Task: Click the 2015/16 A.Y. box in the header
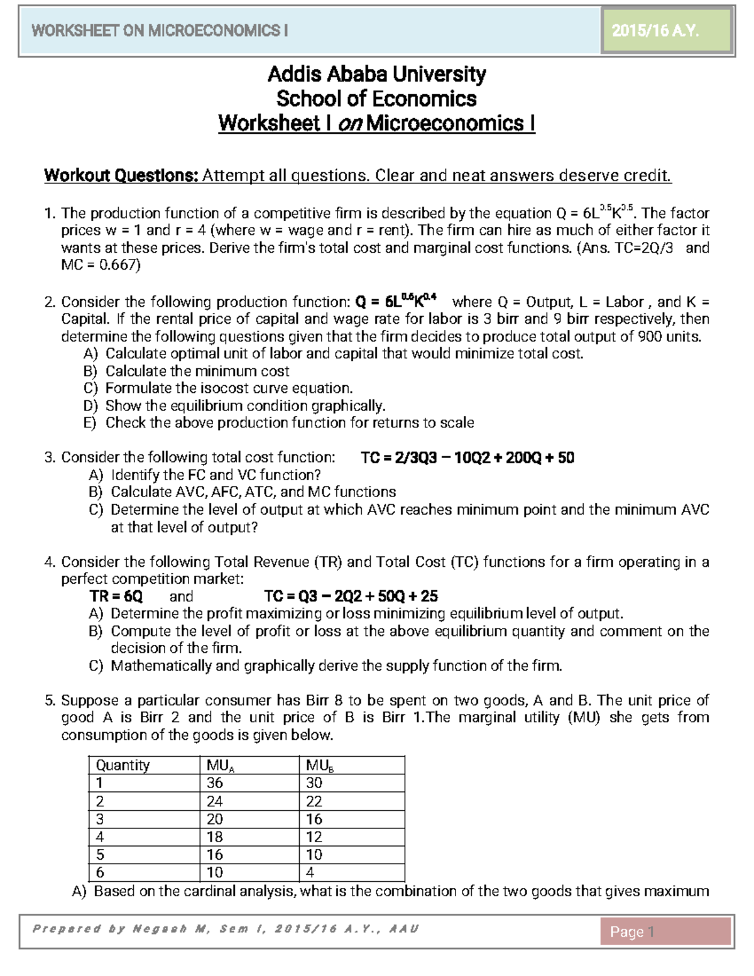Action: [x=667, y=31]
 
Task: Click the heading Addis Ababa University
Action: [x=376, y=74]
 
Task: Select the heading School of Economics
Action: [x=376, y=99]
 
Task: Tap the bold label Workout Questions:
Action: [x=121, y=175]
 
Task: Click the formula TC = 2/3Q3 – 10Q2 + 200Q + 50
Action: [x=467, y=458]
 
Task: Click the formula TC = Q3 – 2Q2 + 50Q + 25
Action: [x=351, y=596]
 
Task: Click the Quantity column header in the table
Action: [x=123, y=765]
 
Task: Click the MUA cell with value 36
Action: [x=215, y=783]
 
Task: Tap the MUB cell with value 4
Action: [x=310, y=872]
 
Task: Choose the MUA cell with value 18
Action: [x=215, y=836]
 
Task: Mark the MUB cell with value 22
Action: [x=314, y=801]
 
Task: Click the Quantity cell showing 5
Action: [x=100, y=855]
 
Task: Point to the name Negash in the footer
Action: [x=160, y=929]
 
